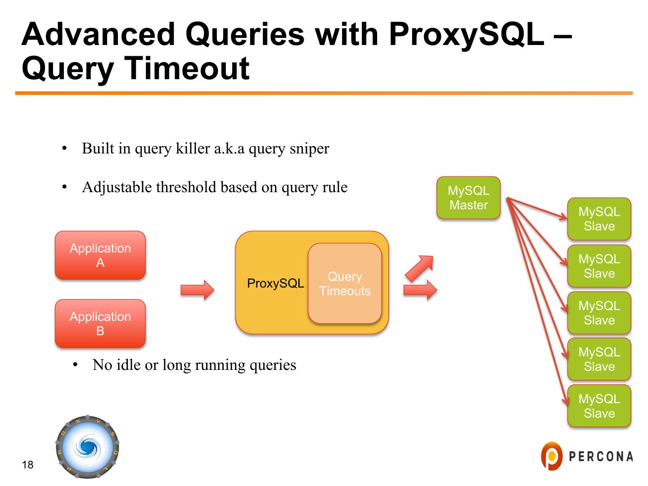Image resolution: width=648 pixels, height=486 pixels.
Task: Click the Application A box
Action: [x=100, y=255]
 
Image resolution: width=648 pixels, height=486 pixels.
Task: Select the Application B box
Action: [x=100, y=324]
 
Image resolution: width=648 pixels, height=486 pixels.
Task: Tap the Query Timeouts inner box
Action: [x=345, y=283]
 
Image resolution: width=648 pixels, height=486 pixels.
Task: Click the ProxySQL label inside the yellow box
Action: [x=275, y=283]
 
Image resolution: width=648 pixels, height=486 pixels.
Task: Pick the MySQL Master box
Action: [x=468, y=198]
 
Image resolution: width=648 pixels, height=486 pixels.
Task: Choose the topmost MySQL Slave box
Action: [x=599, y=219]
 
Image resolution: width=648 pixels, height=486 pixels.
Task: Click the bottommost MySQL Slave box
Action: [x=599, y=406]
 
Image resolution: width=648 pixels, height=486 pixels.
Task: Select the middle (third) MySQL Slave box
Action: [x=599, y=313]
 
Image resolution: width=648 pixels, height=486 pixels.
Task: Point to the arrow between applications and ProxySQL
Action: [x=197, y=290]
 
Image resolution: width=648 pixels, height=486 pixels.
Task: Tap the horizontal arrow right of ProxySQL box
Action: [x=420, y=290]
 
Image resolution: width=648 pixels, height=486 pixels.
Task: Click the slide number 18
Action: [x=27, y=465]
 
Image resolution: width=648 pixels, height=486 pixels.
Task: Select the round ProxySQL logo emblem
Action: [x=87, y=446]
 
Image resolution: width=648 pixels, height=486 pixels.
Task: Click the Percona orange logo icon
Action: [x=552, y=456]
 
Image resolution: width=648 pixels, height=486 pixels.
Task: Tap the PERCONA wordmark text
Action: [x=601, y=456]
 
